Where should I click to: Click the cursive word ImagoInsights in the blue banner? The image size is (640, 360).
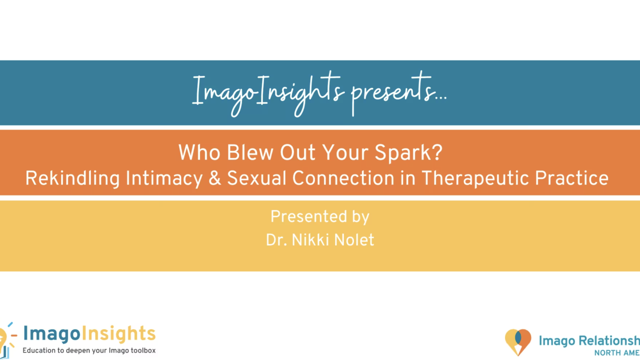[x=267, y=92]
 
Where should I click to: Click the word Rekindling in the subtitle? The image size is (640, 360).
[x=73, y=178]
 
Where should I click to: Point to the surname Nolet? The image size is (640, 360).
[x=354, y=240]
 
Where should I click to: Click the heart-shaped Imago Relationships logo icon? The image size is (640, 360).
[x=518, y=342]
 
